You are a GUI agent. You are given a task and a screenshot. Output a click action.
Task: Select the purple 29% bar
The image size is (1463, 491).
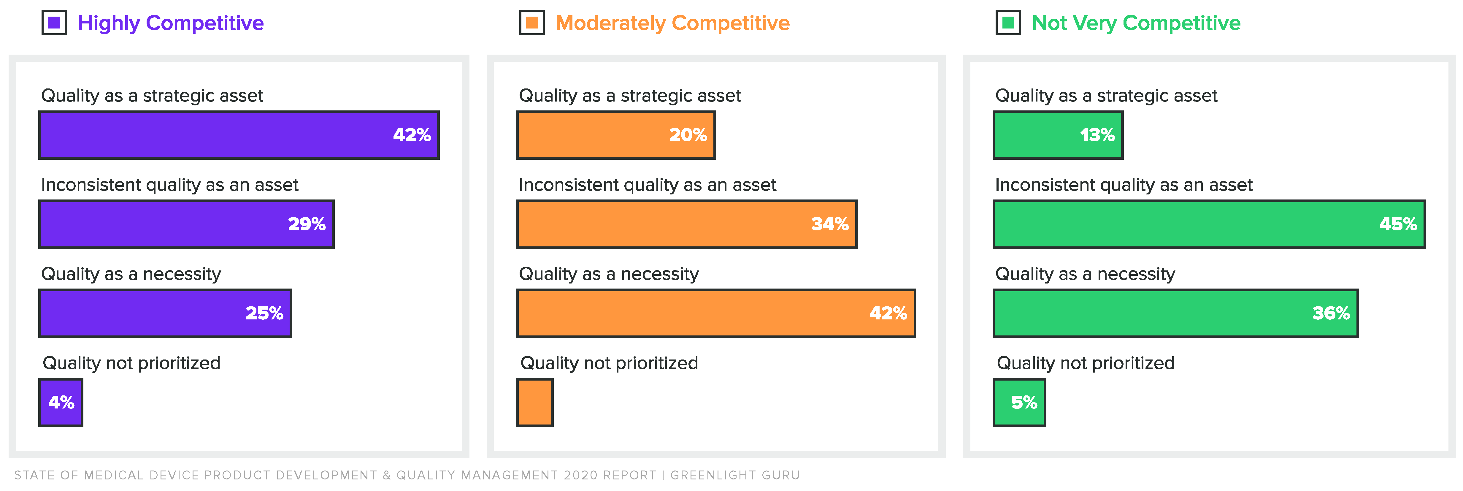(x=186, y=224)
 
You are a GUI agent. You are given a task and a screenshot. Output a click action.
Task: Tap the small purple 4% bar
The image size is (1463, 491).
(x=61, y=402)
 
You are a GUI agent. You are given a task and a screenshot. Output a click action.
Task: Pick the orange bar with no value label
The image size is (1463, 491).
(x=534, y=402)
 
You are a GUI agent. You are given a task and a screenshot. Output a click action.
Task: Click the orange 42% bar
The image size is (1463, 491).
(x=715, y=313)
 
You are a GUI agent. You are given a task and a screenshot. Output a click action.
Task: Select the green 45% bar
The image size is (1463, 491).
(x=1209, y=224)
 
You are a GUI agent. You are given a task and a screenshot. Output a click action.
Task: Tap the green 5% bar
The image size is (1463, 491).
(x=1019, y=402)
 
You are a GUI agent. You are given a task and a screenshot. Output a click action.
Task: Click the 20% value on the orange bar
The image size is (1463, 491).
(x=688, y=135)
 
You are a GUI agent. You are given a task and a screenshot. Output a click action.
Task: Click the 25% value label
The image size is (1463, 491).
(x=264, y=313)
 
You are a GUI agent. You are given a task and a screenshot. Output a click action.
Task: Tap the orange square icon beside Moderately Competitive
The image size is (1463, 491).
(x=532, y=23)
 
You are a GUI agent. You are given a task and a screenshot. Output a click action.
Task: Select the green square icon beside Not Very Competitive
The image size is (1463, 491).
(x=1008, y=23)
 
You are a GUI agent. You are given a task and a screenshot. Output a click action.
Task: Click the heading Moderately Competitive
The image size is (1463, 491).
(x=672, y=23)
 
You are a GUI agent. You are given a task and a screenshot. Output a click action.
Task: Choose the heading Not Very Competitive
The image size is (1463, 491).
(x=1136, y=23)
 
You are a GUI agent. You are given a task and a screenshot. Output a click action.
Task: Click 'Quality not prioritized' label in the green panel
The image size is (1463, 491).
(x=1085, y=363)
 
